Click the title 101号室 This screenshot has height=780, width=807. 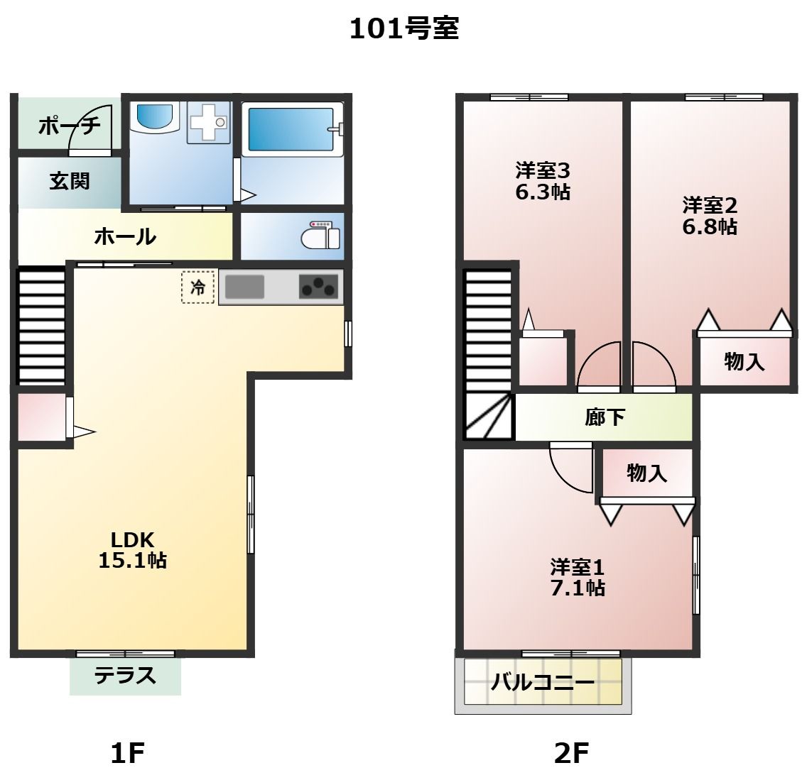pos(404,28)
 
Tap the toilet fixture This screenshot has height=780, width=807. pos(320,236)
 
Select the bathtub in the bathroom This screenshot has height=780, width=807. pos(291,129)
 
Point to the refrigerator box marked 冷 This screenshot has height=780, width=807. pos(197,287)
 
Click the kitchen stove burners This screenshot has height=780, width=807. pos(318,287)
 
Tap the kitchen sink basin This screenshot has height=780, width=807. pos(244,287)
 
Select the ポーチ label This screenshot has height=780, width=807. pos(70,126)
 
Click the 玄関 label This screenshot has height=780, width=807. pos(70,181)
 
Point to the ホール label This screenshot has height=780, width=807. pos(125,236)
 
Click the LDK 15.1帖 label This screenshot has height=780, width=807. pos(133,549)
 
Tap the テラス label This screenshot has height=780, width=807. pos(125,675)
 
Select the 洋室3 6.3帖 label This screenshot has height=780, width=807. pos(543,181)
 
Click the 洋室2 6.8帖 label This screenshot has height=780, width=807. pos(710,216)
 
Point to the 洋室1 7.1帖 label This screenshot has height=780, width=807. pos(578,578)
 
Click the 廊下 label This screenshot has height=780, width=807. pos(605,417)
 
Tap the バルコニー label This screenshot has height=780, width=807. pos(543,682)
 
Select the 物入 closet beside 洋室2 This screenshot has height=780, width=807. pos(744,361)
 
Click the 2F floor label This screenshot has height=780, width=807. pos(571,754)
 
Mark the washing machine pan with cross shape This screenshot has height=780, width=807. pos(209,122)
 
